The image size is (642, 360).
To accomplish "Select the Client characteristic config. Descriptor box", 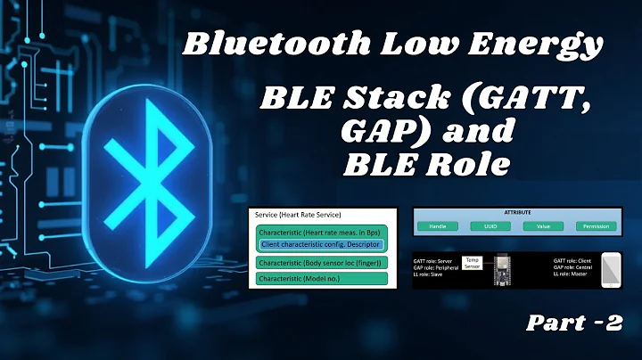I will click(x=322, y=244).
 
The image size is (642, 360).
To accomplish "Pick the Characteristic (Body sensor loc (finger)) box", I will click(x=320, y=263).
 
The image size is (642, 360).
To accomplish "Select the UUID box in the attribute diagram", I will click(x=490, y=227).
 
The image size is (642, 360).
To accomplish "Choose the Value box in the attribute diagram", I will click(x=543, y=227).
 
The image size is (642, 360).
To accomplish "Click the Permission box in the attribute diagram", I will click(x=596, y=227).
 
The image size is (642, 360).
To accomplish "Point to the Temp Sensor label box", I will click(x=472, y=264).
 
